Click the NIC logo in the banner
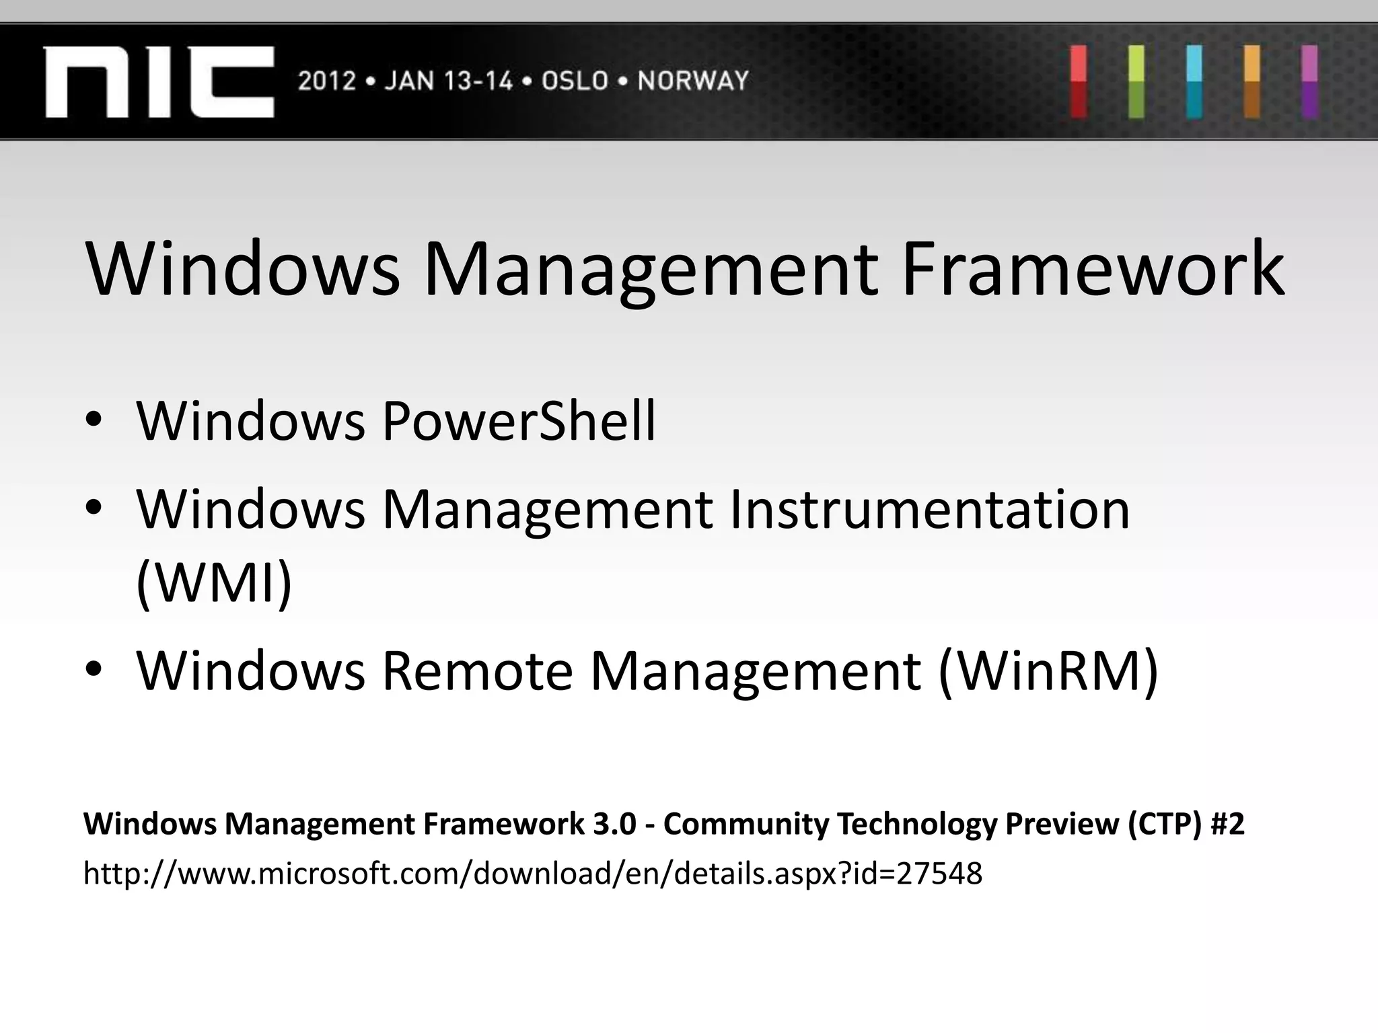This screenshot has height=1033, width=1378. point(159,82)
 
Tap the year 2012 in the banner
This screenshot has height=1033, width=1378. point(326,81)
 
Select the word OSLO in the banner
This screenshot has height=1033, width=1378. point(575,81)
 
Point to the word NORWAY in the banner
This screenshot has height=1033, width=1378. point(693,81)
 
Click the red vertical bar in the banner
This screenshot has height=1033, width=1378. point(1079,81)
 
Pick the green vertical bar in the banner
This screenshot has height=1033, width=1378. point(1136,81)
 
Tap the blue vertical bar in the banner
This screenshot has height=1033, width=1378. point(1194,81)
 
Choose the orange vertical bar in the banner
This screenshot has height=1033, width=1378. point(1252,81)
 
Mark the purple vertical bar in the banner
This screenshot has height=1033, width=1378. point(1309,81)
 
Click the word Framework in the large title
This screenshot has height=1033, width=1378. point(1092,269)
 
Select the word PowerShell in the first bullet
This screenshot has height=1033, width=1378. point(519,421)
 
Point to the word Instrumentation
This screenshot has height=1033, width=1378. point(929,510)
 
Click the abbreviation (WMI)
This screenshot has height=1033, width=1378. point(214,582)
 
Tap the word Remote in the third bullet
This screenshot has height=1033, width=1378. point(477,671)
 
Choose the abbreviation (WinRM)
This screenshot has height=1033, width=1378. point(1048,671)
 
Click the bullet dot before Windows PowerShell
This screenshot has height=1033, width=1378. point(94,421)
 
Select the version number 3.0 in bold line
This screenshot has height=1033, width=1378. point(614,824)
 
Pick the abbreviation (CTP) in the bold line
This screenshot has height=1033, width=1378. point(1165,824)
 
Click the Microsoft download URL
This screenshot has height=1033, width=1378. point(532,874)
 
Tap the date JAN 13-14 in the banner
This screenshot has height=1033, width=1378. point(448,81)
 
